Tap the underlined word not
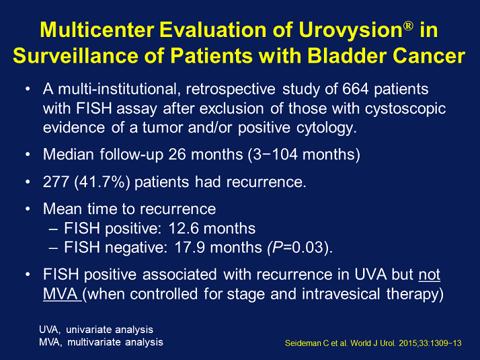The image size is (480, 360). [429, 276]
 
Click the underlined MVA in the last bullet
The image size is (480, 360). [61, 294]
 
